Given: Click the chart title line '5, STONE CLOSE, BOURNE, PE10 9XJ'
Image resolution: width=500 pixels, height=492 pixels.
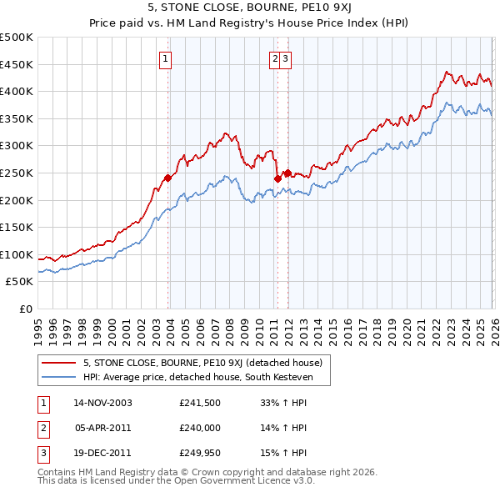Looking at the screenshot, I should tap(250, 9).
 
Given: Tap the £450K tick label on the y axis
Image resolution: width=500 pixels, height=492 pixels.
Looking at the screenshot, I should tap(17, 64).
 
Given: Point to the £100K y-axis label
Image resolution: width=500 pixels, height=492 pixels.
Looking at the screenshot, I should tap(17, 254).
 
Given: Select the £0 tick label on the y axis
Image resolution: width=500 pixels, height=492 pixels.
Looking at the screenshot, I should tap(25, 309).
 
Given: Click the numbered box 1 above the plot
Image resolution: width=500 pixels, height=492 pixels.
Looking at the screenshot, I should tap(167, 58).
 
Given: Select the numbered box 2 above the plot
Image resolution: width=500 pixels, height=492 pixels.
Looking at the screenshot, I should tap(274, 58).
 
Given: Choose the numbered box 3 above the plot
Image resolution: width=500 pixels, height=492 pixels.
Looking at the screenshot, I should tap(285, 58).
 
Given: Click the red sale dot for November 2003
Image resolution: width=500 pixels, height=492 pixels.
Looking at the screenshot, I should tap(167, 178).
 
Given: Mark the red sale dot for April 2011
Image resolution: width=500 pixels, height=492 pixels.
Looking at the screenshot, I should tap(277, 178).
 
